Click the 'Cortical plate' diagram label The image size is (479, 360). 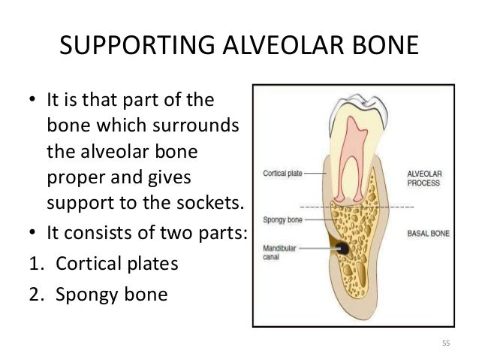(283, 173)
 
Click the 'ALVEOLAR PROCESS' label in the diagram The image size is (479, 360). (424, 177)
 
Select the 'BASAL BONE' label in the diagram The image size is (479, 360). (428, 234)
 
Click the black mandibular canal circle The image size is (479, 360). (342, 247)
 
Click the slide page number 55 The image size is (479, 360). (445, 343)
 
